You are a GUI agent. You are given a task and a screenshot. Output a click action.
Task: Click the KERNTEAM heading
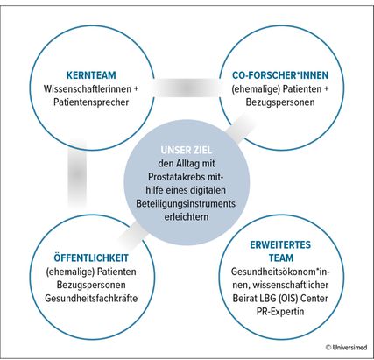pos(91,75)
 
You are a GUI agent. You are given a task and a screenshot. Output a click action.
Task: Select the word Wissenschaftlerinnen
pos(88,88)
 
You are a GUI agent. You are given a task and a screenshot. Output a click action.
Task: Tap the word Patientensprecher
pos(91,102)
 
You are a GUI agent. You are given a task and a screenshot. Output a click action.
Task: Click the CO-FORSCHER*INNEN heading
pos(280,75)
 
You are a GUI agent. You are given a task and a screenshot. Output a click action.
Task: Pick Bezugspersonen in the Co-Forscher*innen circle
pos(280,102)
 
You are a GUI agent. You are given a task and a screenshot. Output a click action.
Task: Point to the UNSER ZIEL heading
pos(187,150)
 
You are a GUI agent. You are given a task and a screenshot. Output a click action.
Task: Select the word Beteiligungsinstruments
pos(186,203)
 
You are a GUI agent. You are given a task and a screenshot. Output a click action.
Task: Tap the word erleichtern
pos(187,217)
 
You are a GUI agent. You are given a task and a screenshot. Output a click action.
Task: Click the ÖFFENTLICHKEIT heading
pos(91,258)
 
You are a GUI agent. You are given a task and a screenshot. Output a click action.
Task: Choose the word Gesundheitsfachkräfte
pos(91,298)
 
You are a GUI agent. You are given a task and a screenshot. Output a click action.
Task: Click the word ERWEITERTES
pos(280,244)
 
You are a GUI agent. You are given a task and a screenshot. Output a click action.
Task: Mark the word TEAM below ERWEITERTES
pos(281,258)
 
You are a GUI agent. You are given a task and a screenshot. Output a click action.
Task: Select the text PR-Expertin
pos(280,312)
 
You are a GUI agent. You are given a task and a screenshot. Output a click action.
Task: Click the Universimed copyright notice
pos(346,348)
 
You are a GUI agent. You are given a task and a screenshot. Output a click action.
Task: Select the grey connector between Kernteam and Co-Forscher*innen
pos(187,88)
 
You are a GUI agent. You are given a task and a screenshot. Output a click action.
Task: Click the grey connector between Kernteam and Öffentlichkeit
pos(77,175)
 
